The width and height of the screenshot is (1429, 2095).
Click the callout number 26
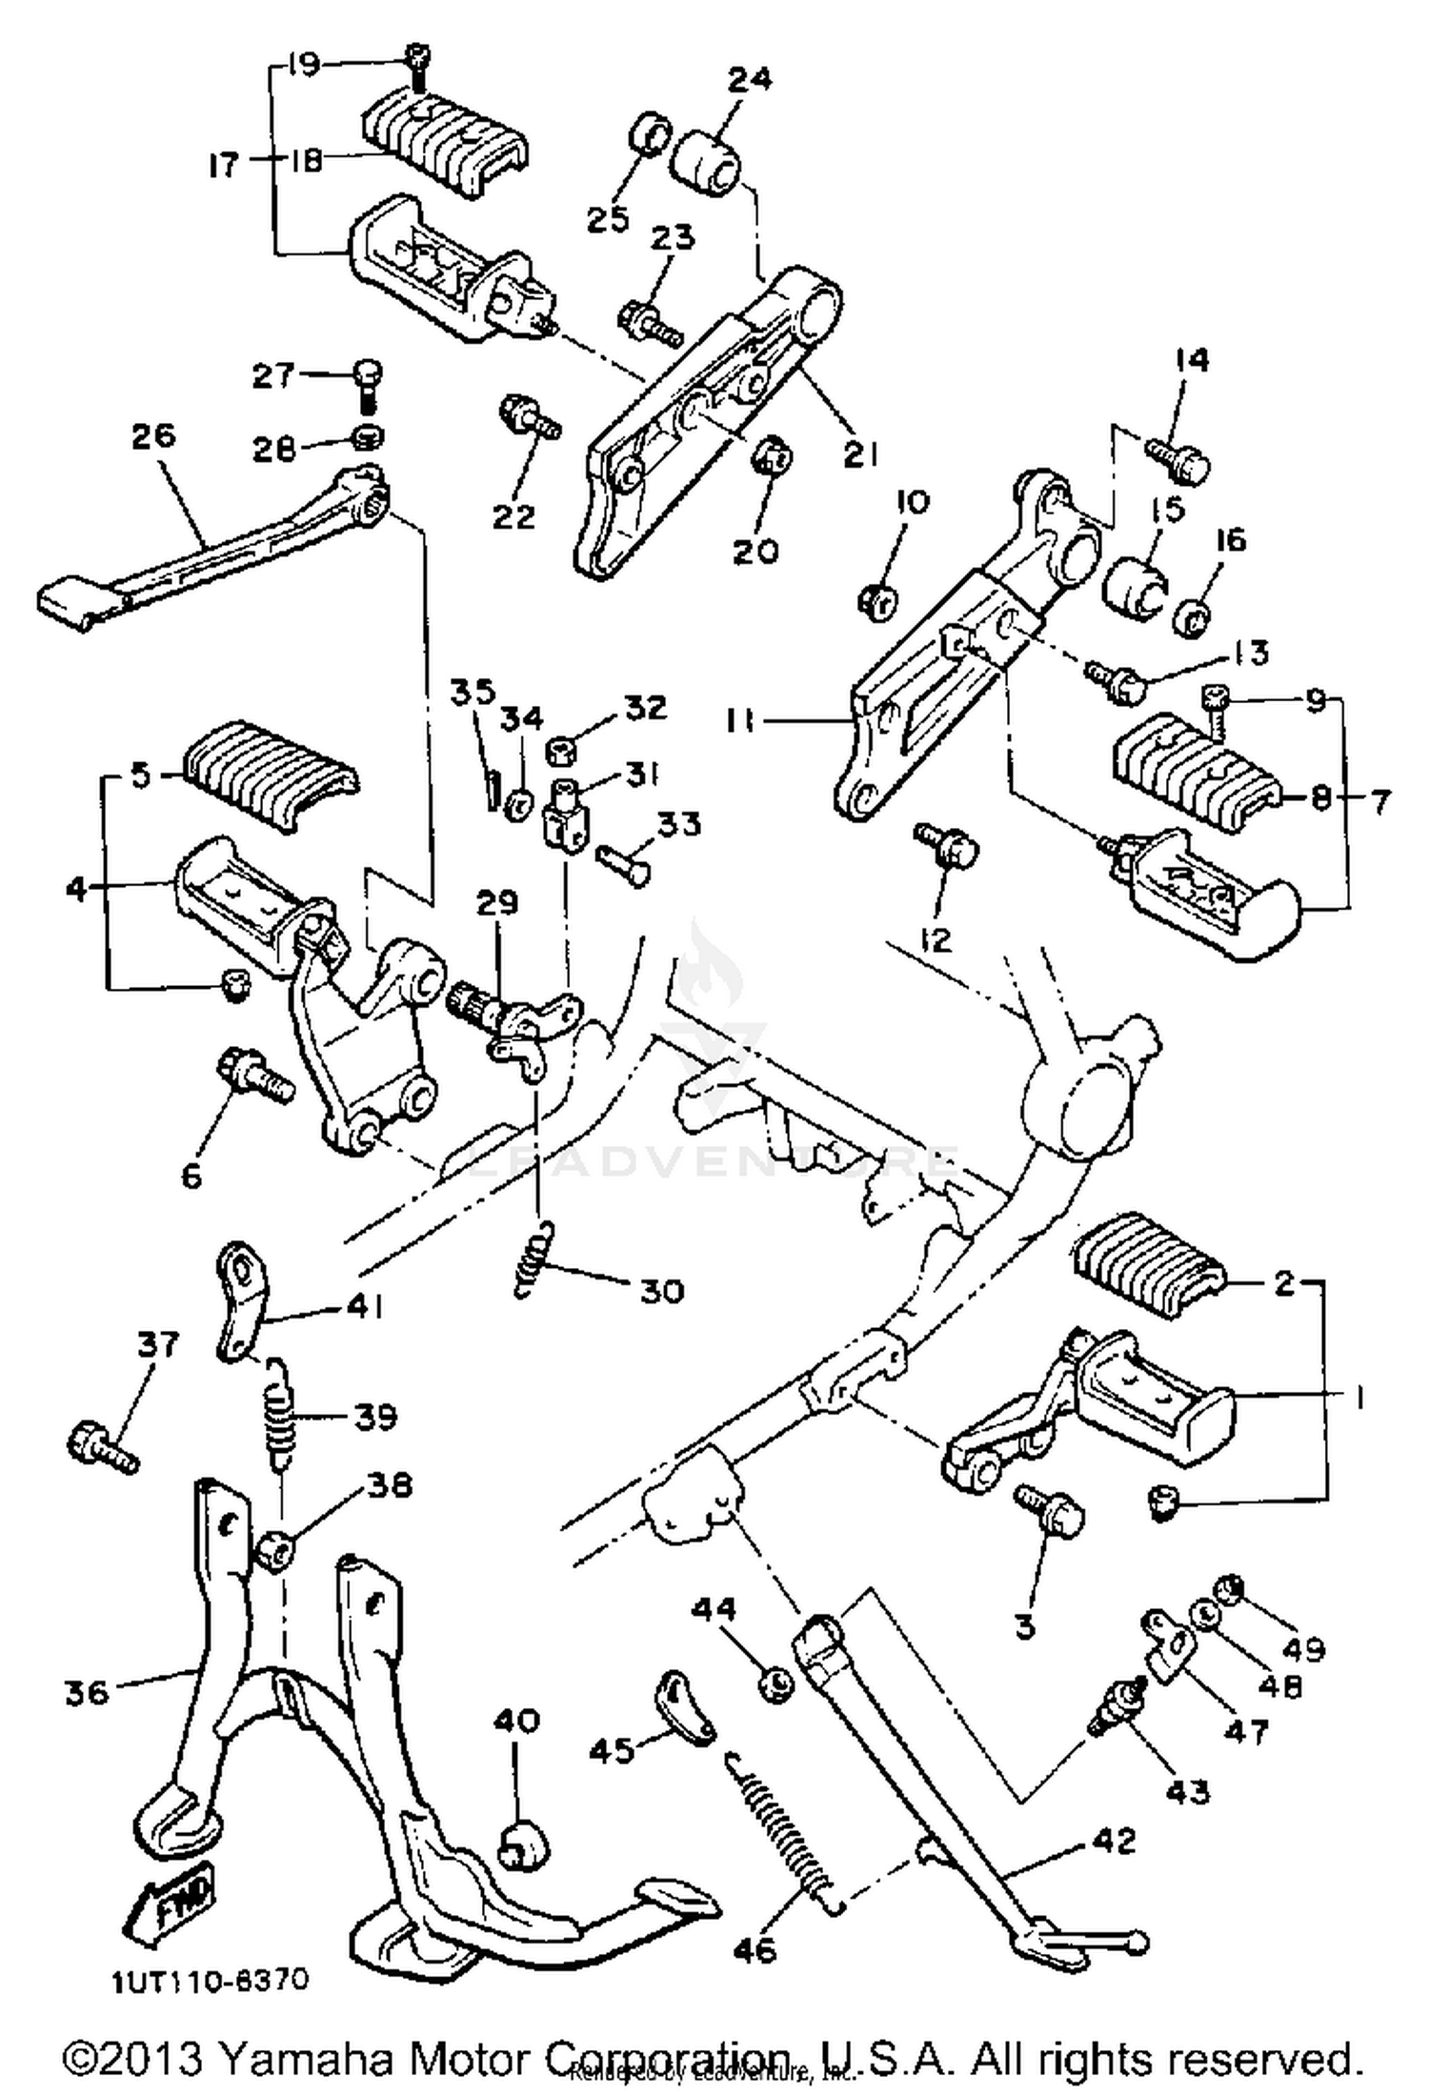[x=154, y=435]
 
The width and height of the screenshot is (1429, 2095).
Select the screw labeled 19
[x=416, y=59]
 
